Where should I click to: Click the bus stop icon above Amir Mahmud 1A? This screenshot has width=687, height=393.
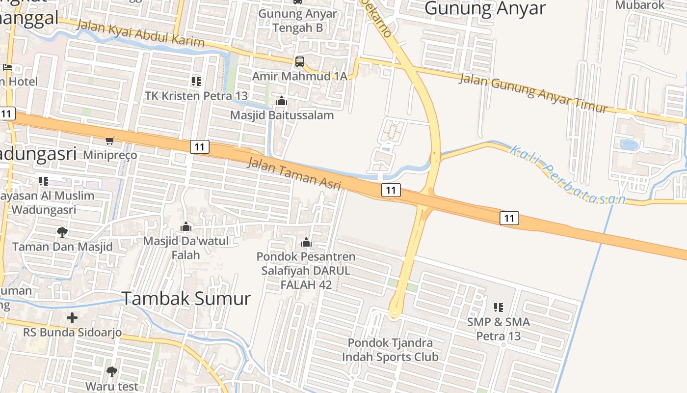[x=299, y=62]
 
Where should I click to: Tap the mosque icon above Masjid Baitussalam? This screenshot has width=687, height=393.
[x=282, y=101]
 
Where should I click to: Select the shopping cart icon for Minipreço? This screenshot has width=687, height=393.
[x=110, y=140]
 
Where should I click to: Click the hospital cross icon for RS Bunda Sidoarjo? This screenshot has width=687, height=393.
[x=72, y=318]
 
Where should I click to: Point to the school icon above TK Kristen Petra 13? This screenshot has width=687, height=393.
[x=196, y=81]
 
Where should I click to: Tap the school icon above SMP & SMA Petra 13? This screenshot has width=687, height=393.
[x=499, y=308]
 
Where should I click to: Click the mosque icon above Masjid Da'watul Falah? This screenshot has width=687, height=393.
[x=186, y=226]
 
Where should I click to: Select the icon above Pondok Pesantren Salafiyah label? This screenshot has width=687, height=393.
[x=306, y=242]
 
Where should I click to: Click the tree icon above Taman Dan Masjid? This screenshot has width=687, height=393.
[x=62, y=232]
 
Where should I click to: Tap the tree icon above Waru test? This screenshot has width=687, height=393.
[x=112, y=371]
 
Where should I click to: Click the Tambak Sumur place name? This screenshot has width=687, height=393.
[x=186, y=298]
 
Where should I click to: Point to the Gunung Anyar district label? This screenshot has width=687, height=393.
[x=485, y=8]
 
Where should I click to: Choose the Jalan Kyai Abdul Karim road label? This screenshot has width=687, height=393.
[x=140, y=33]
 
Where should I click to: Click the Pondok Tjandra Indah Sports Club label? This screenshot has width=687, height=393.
[x=390, y=349]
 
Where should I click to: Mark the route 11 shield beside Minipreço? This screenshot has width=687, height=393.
[x=199, y=146]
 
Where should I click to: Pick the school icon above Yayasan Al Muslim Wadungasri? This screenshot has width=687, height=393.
[x=44, y=181]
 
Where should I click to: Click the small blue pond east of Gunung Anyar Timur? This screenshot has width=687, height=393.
[x=629, y=145]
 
